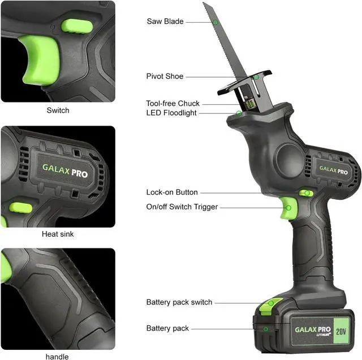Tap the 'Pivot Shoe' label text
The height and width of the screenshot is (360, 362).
coord(165,76)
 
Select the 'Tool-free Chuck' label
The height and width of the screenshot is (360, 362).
coord(173,104)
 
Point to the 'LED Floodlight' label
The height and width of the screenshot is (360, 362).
coord(171,113)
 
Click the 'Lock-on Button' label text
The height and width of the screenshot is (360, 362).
coord(172,192)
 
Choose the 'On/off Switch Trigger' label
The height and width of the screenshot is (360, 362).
coord(182,207)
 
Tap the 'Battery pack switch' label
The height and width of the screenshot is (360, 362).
coord(179,302)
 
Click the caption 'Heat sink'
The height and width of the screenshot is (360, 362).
coord(58,234)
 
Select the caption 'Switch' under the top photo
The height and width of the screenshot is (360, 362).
coord(58,110)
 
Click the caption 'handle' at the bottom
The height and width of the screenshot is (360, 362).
coord(57,357)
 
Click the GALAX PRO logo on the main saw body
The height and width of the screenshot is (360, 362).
coord(334,169)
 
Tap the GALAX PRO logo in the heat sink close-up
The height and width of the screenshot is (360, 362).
coord(65,171)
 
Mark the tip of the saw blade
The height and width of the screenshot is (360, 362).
coord(206,5)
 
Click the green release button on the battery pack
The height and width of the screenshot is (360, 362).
coord(269,306)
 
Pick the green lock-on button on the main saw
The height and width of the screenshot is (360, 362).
coord(307,193)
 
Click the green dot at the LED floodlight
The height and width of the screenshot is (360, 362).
coord(239,113)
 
